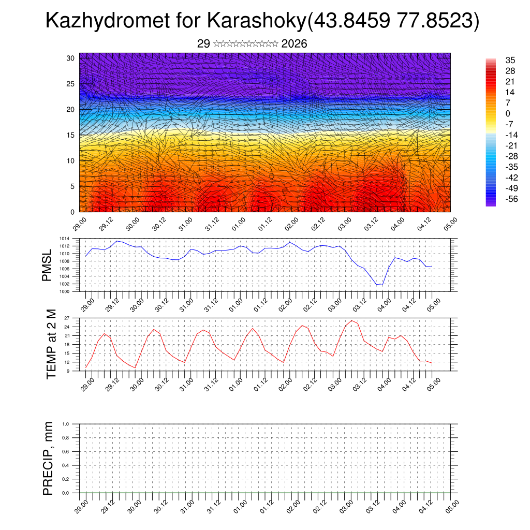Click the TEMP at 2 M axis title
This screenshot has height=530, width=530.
click(51, 344)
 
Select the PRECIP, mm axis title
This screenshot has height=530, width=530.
click(48, 459)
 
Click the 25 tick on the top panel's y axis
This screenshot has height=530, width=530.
click(71, 84)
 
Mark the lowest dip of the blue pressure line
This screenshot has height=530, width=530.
click(382, 285)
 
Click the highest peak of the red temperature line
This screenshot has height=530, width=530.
click(352, 321)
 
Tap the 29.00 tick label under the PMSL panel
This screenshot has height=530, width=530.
click(87, 304)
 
